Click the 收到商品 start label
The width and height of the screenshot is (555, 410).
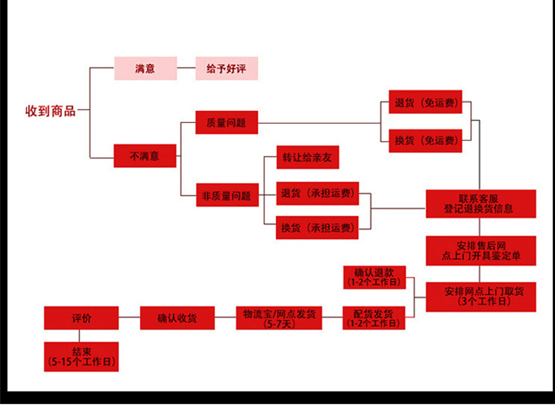click(50, 112)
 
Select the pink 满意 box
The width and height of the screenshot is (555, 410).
click(145, 69)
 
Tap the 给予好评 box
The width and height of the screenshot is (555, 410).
click(226, 69)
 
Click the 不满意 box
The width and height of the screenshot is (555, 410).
click(145, 156)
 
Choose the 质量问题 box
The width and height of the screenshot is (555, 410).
click(226, 122)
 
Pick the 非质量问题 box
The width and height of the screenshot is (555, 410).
click(226, 196)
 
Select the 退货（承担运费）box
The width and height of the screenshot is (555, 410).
click(317, 194)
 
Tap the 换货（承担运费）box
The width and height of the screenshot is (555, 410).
click(317, 227)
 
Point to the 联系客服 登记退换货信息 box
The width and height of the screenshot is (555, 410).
click(480, 204)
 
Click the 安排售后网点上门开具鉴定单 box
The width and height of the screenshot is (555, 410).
click(480, 250)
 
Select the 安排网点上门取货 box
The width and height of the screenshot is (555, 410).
click(480, 295)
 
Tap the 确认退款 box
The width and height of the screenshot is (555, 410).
click(374, 277)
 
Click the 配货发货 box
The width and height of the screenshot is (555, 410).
click(374, 318)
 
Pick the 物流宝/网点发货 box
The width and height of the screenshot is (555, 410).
click(279, 318)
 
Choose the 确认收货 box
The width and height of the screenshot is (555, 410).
click(178, 318)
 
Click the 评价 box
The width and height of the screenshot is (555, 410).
click(81, 318)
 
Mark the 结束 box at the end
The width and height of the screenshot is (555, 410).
click(81, 357)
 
